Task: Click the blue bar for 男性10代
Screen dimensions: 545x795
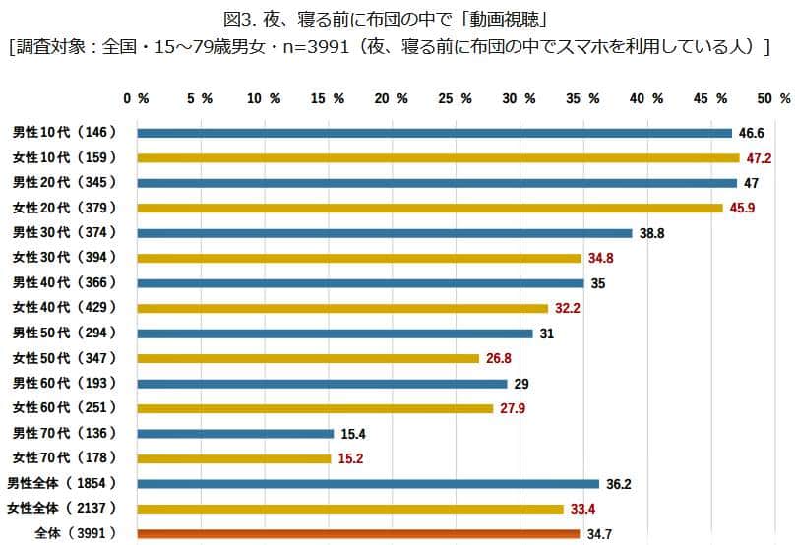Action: click(x=434, y=133)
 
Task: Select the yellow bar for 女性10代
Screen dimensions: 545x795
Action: click(x=438, y=157)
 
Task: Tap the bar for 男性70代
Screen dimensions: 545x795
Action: click(x=235, y=433)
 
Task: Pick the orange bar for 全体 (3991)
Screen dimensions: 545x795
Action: click(x=358, y=534)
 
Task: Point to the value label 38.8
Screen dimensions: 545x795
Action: click(x=652, y=233)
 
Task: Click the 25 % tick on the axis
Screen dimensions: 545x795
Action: click(x=453, y=99)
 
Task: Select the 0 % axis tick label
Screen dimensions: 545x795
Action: click(x=136, y=99)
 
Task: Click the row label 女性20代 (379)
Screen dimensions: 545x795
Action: click(x=64, y=208)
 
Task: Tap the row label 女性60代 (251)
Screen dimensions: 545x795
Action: click(x=64, y=407)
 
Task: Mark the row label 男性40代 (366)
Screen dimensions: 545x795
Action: click(x=64, y=282)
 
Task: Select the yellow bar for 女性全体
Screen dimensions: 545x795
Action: click(x=350, y=509)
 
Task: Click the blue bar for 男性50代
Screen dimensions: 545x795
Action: click(x=335, y=333)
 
